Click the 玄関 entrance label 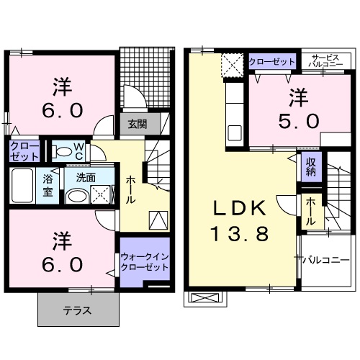[x=138, y=124]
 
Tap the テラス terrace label [x=77, y=311]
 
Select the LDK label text [x=240, y=208]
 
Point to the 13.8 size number [x=240, y=234]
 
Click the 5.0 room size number [x=299, y=121]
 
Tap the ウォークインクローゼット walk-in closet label [x=145, y=262]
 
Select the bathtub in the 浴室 [x=22, y=186]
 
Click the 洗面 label [x=86, y=178]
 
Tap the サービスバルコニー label [x=325, y=61]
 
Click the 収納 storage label [x=310, y=167]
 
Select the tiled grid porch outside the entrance [x=147, y=77]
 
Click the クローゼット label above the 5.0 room [x=271, y=62]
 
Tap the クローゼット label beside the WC [x=24, y=151]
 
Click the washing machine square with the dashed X [x=100, y=194]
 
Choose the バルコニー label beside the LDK [x=325, y=260]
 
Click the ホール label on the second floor [x=310, y=212]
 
